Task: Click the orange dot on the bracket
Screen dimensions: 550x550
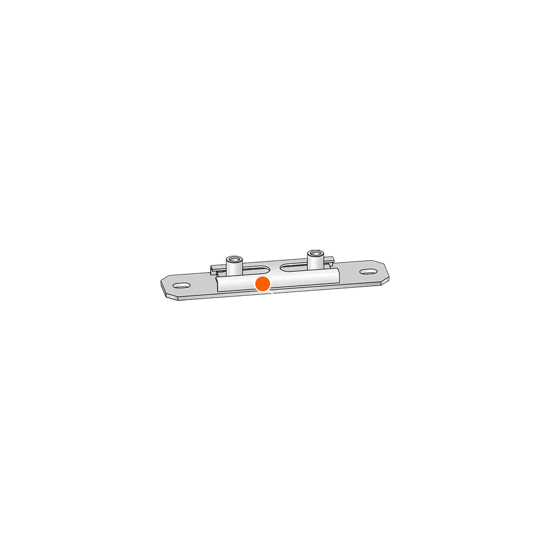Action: tap(263, 284)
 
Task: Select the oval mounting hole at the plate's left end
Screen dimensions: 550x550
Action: tap(181, 286)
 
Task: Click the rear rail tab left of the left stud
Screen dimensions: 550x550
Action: tap(215, 268)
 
